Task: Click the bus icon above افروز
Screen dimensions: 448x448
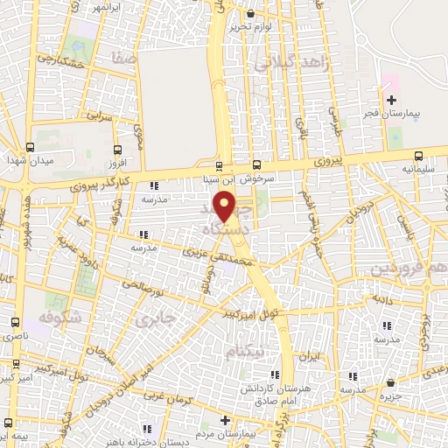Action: [x=116, y=148]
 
